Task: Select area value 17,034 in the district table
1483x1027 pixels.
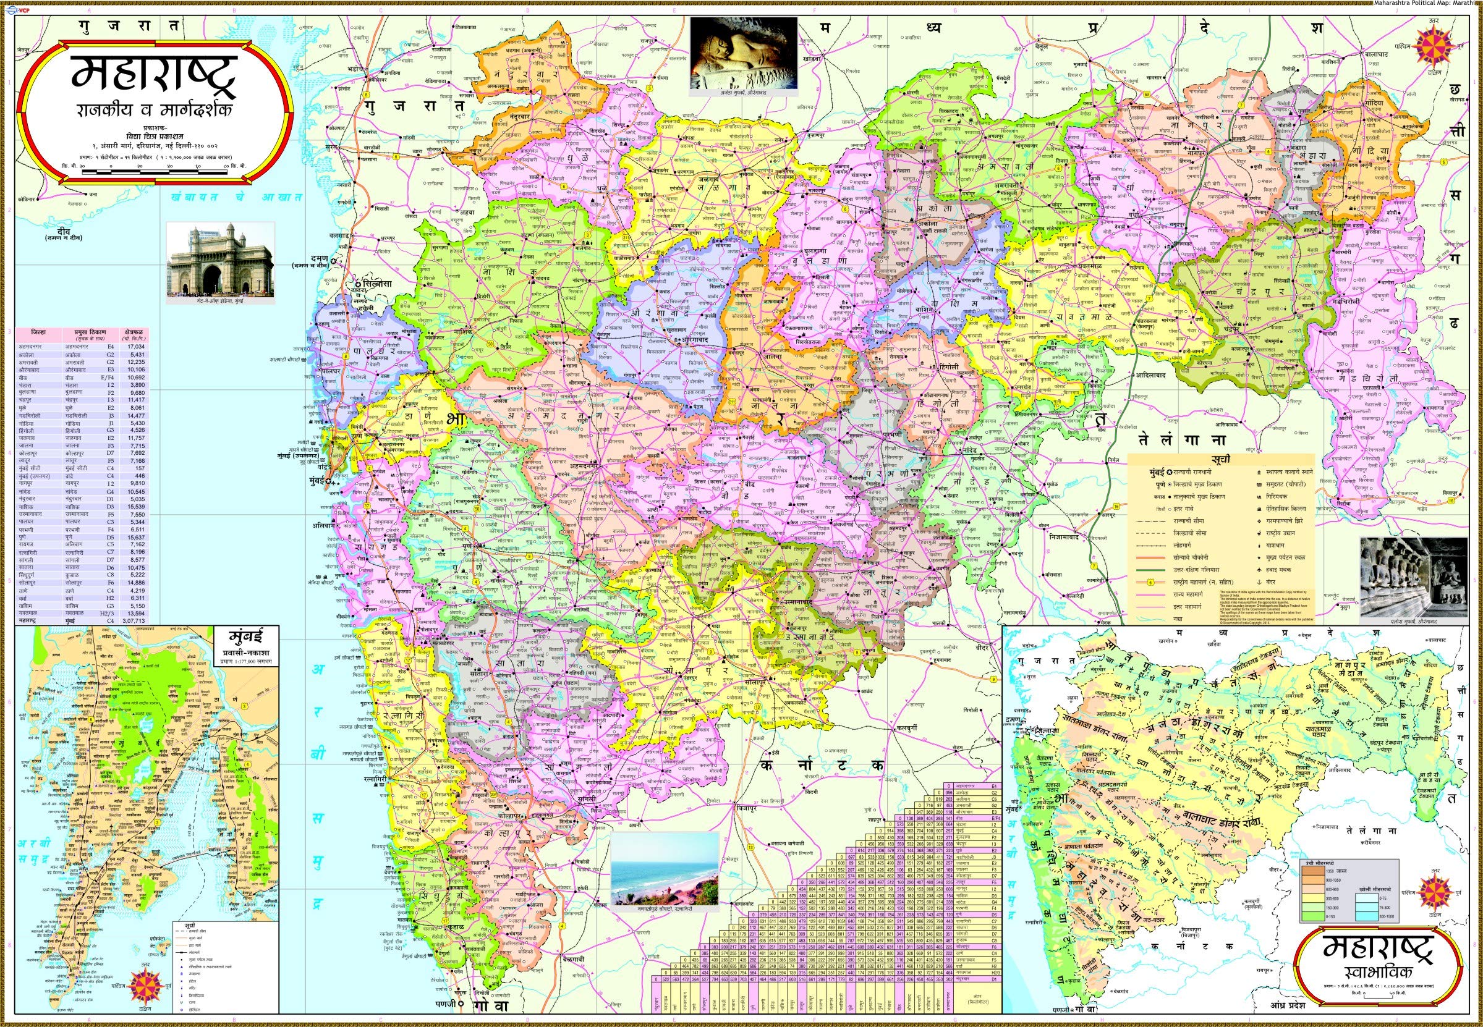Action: point(136,345)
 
